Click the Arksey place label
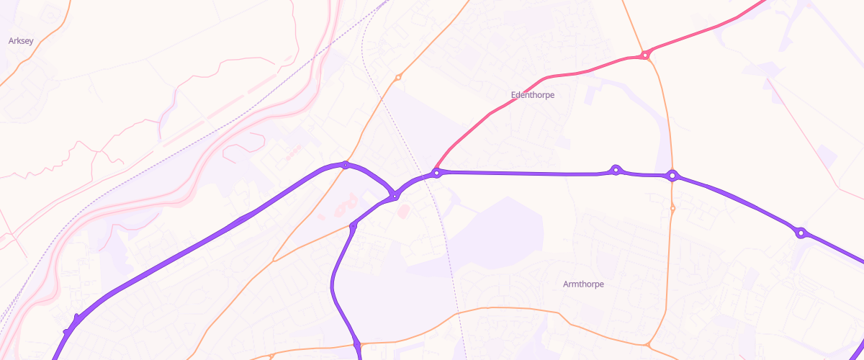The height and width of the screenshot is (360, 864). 21,41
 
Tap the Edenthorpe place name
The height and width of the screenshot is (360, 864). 532,94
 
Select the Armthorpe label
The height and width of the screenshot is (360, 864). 583,284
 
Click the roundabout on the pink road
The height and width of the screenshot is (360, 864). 646,54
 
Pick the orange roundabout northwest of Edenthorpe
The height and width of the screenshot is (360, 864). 398,77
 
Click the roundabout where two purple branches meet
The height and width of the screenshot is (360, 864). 395,196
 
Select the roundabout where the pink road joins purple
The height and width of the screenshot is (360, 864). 436,173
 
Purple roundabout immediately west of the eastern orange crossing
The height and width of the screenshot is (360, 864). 616,170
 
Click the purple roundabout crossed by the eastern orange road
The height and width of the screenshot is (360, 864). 672,175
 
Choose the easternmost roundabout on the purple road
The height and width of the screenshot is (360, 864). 800,233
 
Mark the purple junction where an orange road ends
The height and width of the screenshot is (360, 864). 353,227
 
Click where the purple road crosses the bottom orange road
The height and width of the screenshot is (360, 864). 358,345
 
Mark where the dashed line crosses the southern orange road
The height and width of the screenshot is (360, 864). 458,313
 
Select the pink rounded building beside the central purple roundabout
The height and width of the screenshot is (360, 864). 404,210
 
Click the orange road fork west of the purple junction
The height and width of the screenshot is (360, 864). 274,259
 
